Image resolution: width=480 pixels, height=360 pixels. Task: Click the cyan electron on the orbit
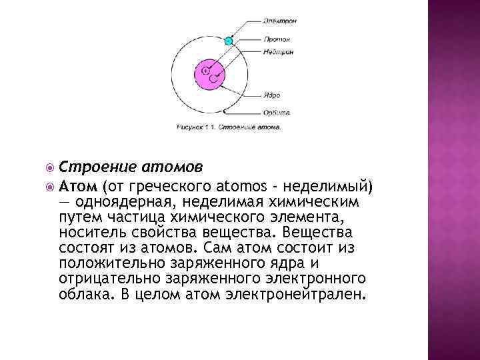229,41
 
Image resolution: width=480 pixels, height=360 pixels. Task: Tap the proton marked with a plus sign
205,70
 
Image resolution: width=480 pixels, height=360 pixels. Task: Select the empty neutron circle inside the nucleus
213,78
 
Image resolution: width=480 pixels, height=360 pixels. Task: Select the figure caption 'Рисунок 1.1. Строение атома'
229,125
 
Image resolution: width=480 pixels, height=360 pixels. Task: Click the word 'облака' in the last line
81,294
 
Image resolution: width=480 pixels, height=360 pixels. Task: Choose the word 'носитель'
91,233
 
